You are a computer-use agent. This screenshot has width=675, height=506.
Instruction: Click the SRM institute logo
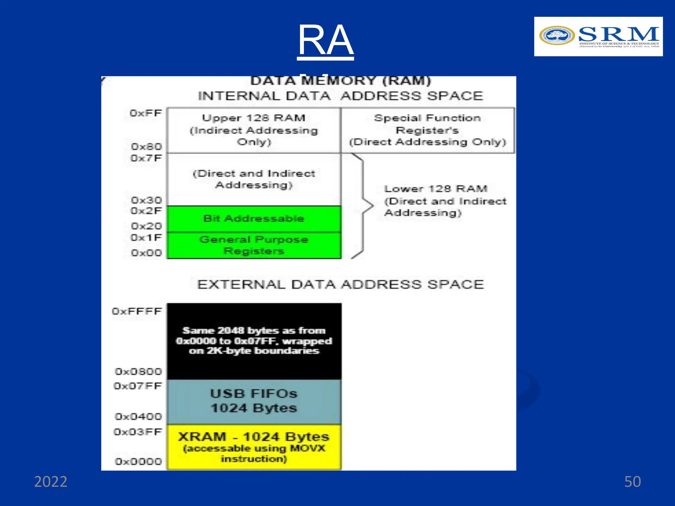pos(598,37)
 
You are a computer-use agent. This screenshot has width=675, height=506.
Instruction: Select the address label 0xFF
pos(146,113)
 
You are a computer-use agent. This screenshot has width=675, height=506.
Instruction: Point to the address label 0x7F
pos(146,158)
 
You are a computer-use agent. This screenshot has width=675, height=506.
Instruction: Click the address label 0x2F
pos(146,211)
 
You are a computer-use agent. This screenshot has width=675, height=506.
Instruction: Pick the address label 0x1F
pos(146,238)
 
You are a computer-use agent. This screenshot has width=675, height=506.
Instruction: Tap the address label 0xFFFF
pos(137,311)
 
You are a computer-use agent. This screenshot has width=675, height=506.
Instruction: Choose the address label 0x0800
pos(138,372)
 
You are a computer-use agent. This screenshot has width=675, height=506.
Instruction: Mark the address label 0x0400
pos(138,417)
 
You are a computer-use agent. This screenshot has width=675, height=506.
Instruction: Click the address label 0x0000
pos(138,462)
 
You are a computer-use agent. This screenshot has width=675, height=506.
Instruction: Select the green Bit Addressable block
pos(254,219)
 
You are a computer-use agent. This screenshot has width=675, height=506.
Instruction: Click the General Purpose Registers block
pos(254,245)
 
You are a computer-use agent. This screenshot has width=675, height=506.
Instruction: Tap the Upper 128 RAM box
pos(254,130)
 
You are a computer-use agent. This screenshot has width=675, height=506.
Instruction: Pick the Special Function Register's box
pos(427,130)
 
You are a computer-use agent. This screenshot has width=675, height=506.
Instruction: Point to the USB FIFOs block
pos(254,401)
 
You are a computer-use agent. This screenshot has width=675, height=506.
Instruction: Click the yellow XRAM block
pos(254,447)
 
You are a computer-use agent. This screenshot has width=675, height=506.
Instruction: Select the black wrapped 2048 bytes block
pos(254,341)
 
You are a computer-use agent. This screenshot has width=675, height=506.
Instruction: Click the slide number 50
pos(632,482)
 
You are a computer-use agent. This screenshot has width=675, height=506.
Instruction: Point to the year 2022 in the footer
pos(51,482)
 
